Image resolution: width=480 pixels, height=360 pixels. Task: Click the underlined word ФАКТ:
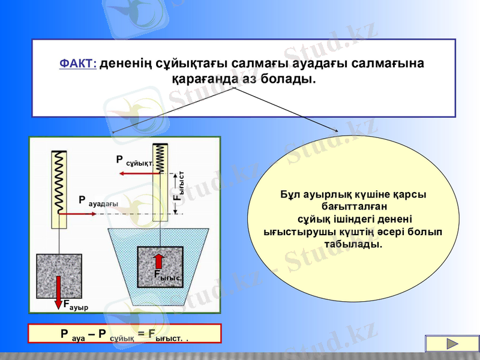(x=78, y=64)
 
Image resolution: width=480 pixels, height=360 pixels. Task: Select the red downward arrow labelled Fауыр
(x=59, y=292)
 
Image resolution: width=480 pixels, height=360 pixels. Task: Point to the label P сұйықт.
(x=134, y=160)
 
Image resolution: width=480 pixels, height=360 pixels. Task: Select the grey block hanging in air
(x=59, y=276)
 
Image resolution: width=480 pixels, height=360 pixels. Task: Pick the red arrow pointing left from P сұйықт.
(x=139, y=173)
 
